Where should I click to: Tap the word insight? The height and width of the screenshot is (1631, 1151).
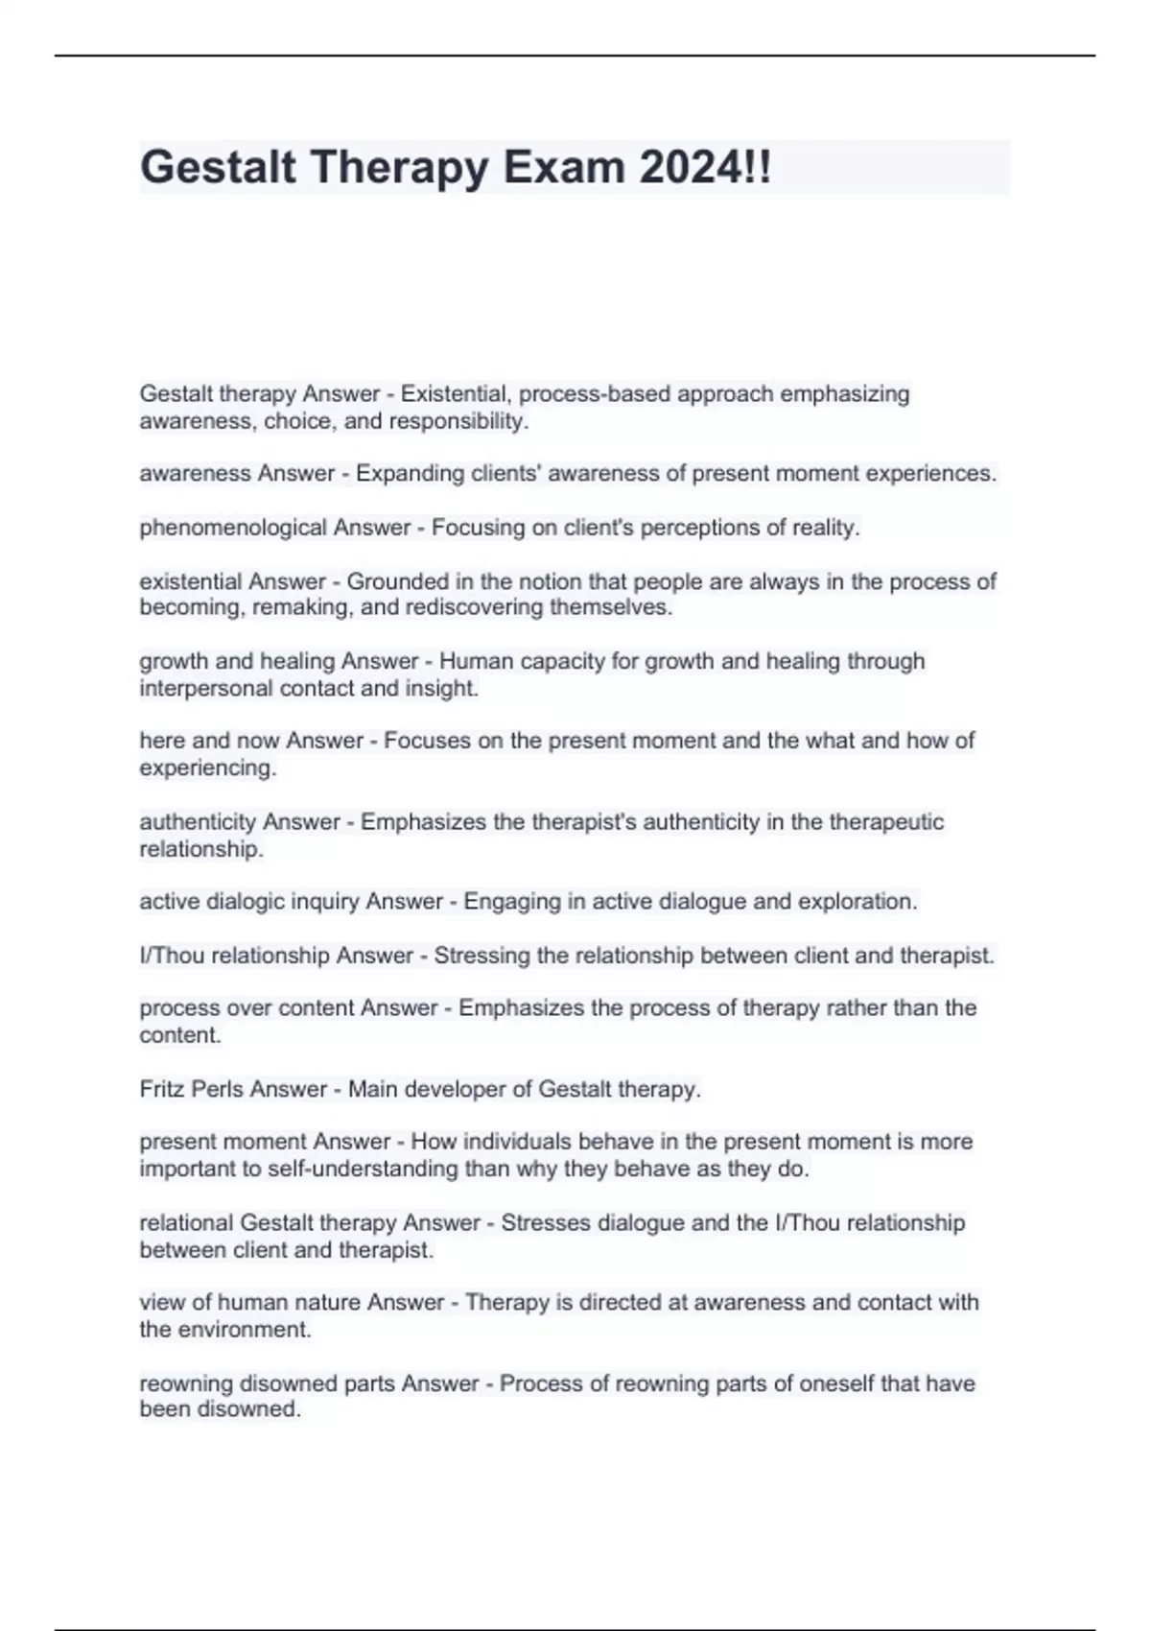pos(448,688)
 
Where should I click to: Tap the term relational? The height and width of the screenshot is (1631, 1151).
pos(185,1222)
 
